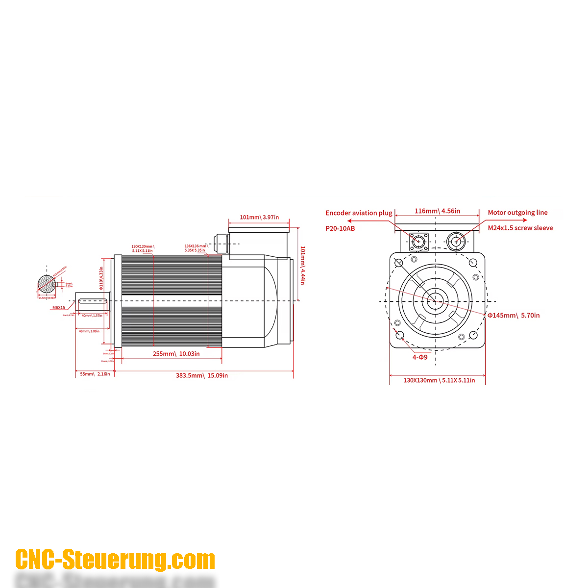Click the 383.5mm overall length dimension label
pyautogui.click(x=202, y=376)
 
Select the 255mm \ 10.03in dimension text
pyautogui.click(x=176, y=354)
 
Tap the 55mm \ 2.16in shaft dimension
pyautogui.click(x=95, y=374)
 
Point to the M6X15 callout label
pyautogui.click(x=59, y=308)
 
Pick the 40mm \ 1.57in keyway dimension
pyautogui.click(x=92, y=316)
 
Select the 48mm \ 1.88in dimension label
pyautogui.click(x=89, y=331)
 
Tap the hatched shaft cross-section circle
pyautogui.click(x=47, y=284)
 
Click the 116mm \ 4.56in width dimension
pyautogui.click(x=437, y=211)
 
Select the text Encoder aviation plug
pyautogui.click(x=359, y=213)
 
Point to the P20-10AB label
pyautogui.click(x=340, y=228)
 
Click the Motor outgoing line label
pyautogui.click(x=517, y=213)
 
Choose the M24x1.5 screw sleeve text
pyautogui.click(x=520, y=228)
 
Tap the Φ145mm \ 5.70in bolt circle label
pyautogui.click(x=514, y=316)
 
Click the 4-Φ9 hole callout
pyautogui.click(x=420, y=357)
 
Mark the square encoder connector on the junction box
pyautogui.click(x=418, y=241)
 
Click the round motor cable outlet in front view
pyautogui.click(x=456, y=241)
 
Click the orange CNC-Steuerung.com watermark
pyautogui.click(x=115, y=560)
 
